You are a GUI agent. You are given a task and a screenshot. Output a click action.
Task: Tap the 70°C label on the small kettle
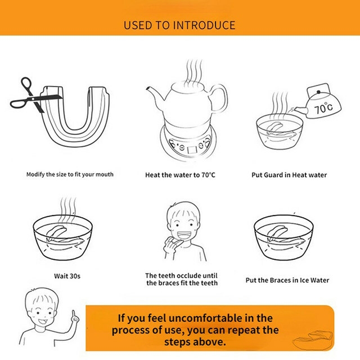(323, 107)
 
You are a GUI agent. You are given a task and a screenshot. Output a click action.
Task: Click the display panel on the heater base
(192, 150)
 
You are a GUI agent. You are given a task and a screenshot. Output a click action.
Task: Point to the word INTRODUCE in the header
(204, 25)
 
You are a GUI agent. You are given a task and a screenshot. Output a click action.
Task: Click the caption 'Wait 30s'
(67, 276)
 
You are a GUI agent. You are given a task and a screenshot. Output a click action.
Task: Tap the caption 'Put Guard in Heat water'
(289, 175)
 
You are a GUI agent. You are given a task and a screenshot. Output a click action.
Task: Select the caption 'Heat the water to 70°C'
(180, 175)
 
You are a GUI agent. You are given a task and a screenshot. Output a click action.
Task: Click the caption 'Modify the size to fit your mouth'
(70, 174)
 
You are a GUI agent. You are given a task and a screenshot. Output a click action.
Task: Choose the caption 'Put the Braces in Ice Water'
(287, 280)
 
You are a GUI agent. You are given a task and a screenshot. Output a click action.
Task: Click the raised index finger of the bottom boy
(74, 314)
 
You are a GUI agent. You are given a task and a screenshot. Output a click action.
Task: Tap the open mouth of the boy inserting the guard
(184, 235)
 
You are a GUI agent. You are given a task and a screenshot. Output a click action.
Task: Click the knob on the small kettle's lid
(318, 92)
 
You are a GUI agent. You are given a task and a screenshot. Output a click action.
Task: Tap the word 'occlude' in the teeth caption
(190, 276)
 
